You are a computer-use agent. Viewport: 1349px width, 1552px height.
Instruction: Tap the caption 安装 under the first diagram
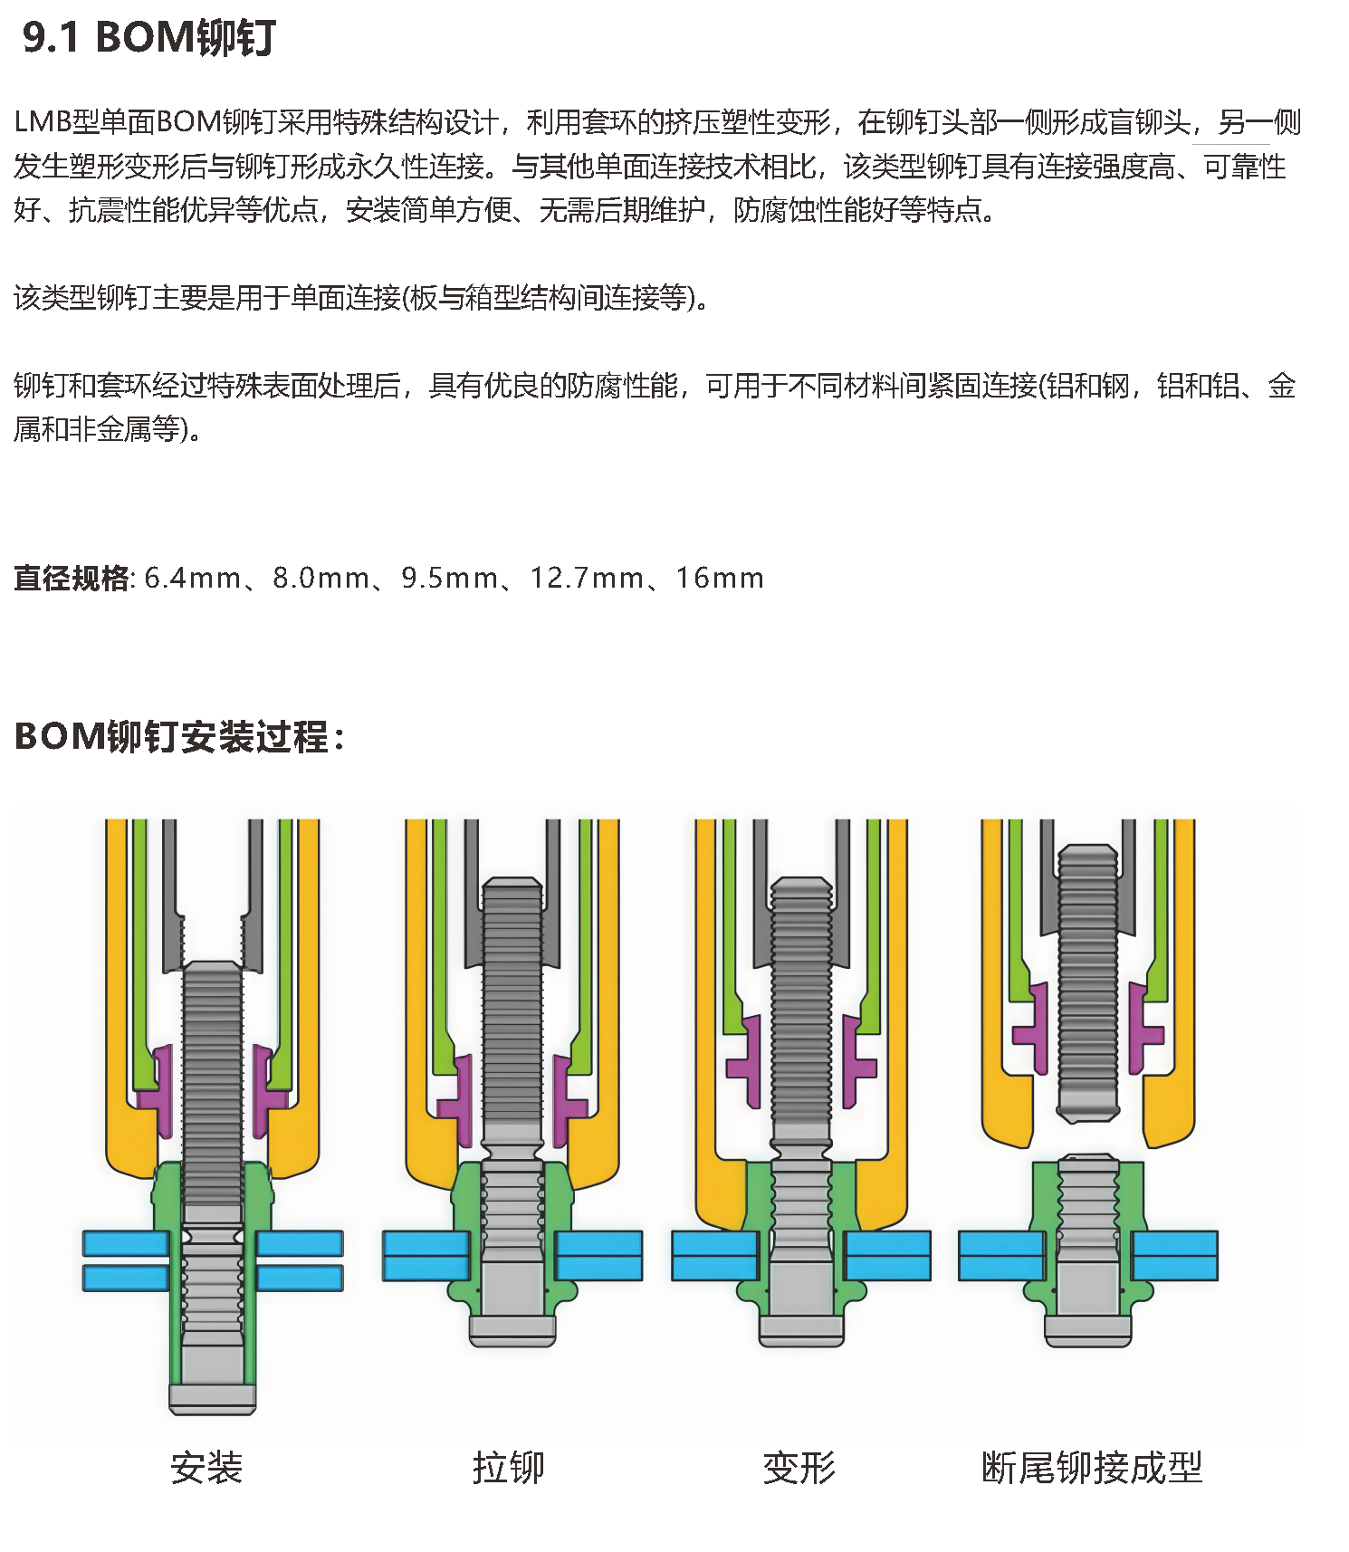click(206, 1468)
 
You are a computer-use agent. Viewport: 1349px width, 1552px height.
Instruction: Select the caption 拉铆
click(508, 1468)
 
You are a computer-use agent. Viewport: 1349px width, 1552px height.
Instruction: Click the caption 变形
click(799, 1468)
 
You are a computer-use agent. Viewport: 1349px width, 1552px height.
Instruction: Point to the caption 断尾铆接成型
click(1092, 1468)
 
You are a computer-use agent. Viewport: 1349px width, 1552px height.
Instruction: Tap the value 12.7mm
click(587, 578)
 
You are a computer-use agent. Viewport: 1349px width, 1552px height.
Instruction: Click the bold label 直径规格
click(72, 578)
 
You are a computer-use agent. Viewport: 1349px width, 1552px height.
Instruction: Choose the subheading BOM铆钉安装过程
click(179, 736)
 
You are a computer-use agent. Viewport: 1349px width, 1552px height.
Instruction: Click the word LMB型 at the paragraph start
click(56, 122)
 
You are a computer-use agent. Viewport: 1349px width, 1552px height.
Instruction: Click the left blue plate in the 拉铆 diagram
click(426, 1255)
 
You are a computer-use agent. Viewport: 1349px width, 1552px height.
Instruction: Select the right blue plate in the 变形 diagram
click(888, 1255)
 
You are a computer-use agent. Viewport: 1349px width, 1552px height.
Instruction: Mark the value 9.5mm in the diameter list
click(450, 578)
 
